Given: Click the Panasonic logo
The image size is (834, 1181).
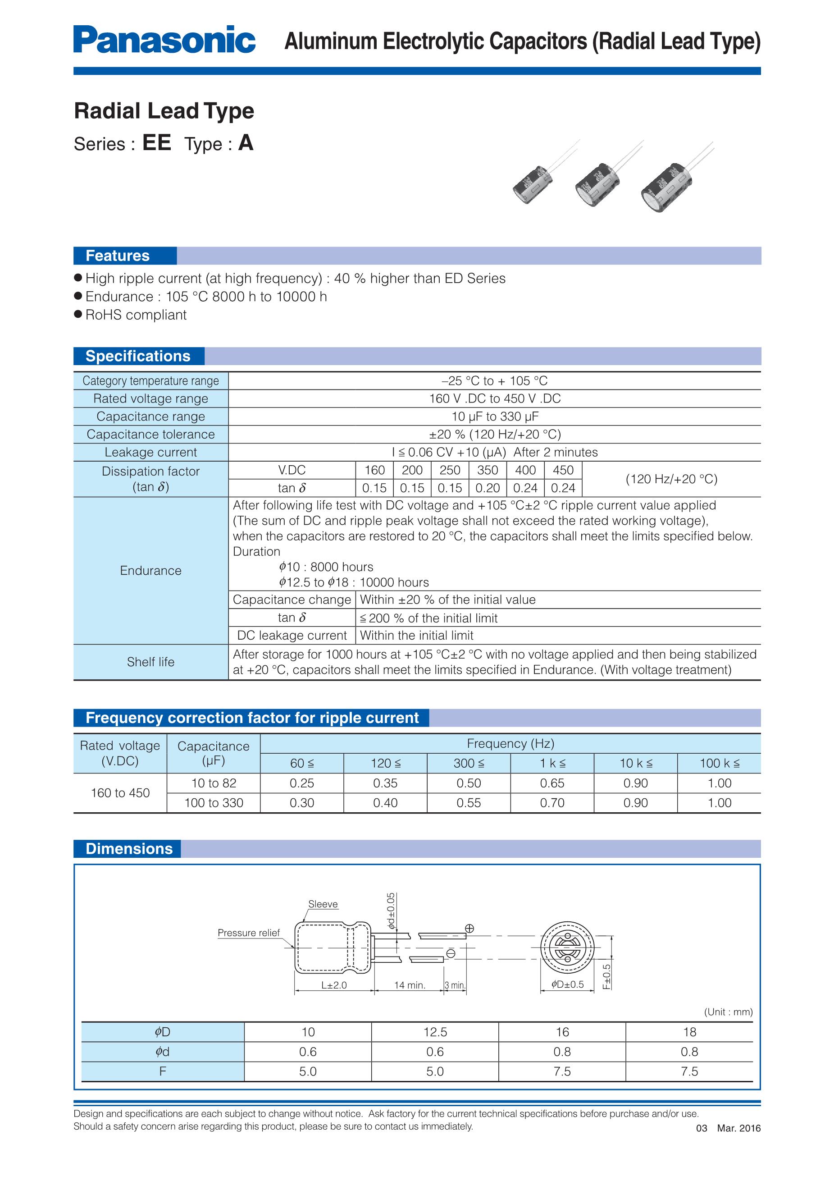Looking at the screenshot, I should click(164, 40).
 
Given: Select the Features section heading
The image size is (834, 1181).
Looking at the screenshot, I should click(117, 256).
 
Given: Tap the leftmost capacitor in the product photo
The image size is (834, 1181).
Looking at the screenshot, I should click(533, 183).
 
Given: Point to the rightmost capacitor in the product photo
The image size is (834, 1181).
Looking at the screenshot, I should click(666, 187).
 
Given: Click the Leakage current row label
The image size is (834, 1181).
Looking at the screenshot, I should click(150, 452).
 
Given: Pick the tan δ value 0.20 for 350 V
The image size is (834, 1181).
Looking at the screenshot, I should click(488, 488).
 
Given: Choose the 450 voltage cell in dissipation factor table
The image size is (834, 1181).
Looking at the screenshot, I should click(563, 470).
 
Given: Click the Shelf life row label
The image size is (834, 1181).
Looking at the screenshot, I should click(150, 662).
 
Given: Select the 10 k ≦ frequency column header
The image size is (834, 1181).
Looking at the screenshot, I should click(636, 763).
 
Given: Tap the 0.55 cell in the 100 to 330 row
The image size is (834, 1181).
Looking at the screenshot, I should click(469, 803).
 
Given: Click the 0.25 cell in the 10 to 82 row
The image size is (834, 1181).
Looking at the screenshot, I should click(301, 783).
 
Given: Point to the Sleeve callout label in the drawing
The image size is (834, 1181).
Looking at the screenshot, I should click(323, 904).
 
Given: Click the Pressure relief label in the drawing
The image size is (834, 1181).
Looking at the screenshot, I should click(248, 933).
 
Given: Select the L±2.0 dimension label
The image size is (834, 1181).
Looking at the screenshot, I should click(334, 985).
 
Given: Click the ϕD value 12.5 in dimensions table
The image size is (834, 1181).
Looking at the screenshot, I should click(435, 1032).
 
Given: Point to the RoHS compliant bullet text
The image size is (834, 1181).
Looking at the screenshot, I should click(136, 315).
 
